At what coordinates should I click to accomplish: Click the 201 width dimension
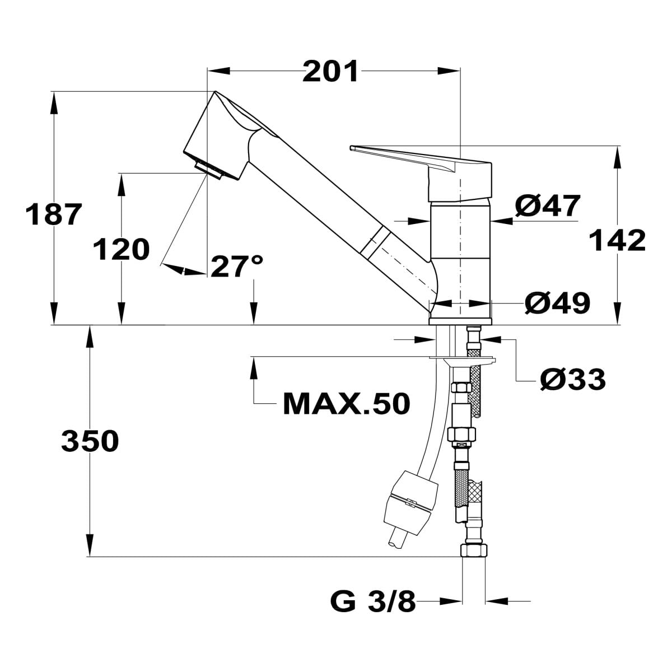coord(330,72)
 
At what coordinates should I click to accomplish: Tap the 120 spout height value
coord(121,249)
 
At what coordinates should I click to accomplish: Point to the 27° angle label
coord(236,266)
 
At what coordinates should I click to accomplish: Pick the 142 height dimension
coord(618,241)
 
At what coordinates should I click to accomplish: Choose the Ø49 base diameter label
coord(557,303)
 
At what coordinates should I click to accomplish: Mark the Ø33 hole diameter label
coord(573,380)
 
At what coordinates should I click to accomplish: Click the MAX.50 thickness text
coord(347,404)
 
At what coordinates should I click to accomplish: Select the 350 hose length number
coord(90,441)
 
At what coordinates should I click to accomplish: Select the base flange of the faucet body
coord(460,321)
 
